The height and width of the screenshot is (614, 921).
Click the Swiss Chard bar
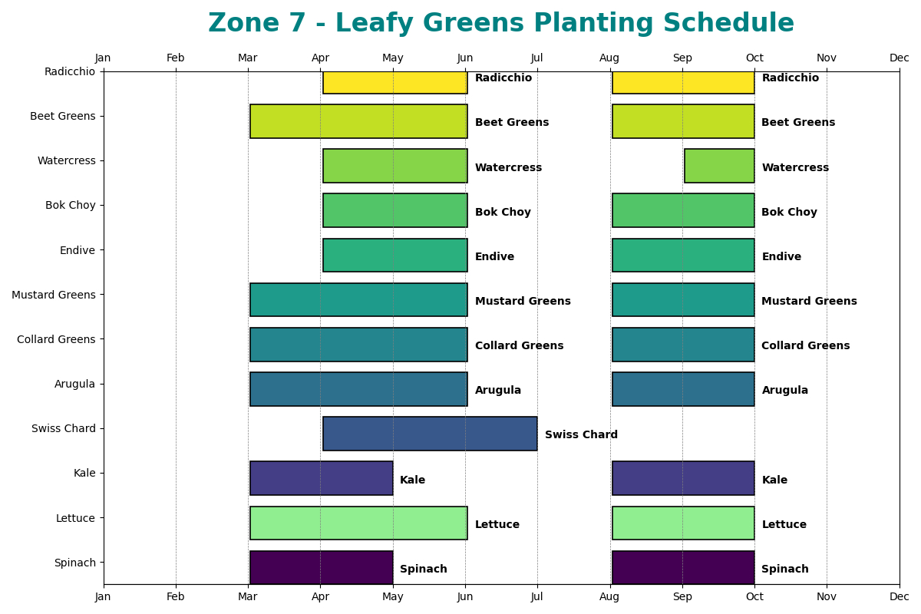click(x=430, y=434)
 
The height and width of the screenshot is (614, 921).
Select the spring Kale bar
click(x=321, y=478)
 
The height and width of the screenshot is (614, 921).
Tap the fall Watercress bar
click(x=719, y=166)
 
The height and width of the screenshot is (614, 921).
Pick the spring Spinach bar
click(x=321, y=567)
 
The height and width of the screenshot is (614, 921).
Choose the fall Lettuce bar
click(x=683, y=523)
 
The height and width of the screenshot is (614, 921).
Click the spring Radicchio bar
click(x=394, y=82)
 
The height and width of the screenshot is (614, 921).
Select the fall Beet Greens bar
click(x=683, y=121)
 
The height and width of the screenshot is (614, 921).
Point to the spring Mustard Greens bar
click(x=358, y=299)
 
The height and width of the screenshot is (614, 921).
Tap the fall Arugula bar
click(x=683, y=389)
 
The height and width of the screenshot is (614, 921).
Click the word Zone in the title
click(x=239, y=24)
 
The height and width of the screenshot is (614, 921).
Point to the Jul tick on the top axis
click(x=537, y=58)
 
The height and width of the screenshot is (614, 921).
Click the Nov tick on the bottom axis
click(x=827, y=596)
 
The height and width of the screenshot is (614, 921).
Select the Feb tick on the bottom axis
click(x=176, y=596)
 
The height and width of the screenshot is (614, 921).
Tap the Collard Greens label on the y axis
click(x=56, y=339)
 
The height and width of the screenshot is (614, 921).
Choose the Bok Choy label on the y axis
click(x=71, y=205)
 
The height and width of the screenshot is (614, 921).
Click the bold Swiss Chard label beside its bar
click(x=581, y=435)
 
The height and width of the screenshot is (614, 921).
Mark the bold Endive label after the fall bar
click(x=781, y=257)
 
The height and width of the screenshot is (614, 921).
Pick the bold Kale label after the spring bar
click(x=412, y=480)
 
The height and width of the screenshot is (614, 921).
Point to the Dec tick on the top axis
click(x=899, y=58)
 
